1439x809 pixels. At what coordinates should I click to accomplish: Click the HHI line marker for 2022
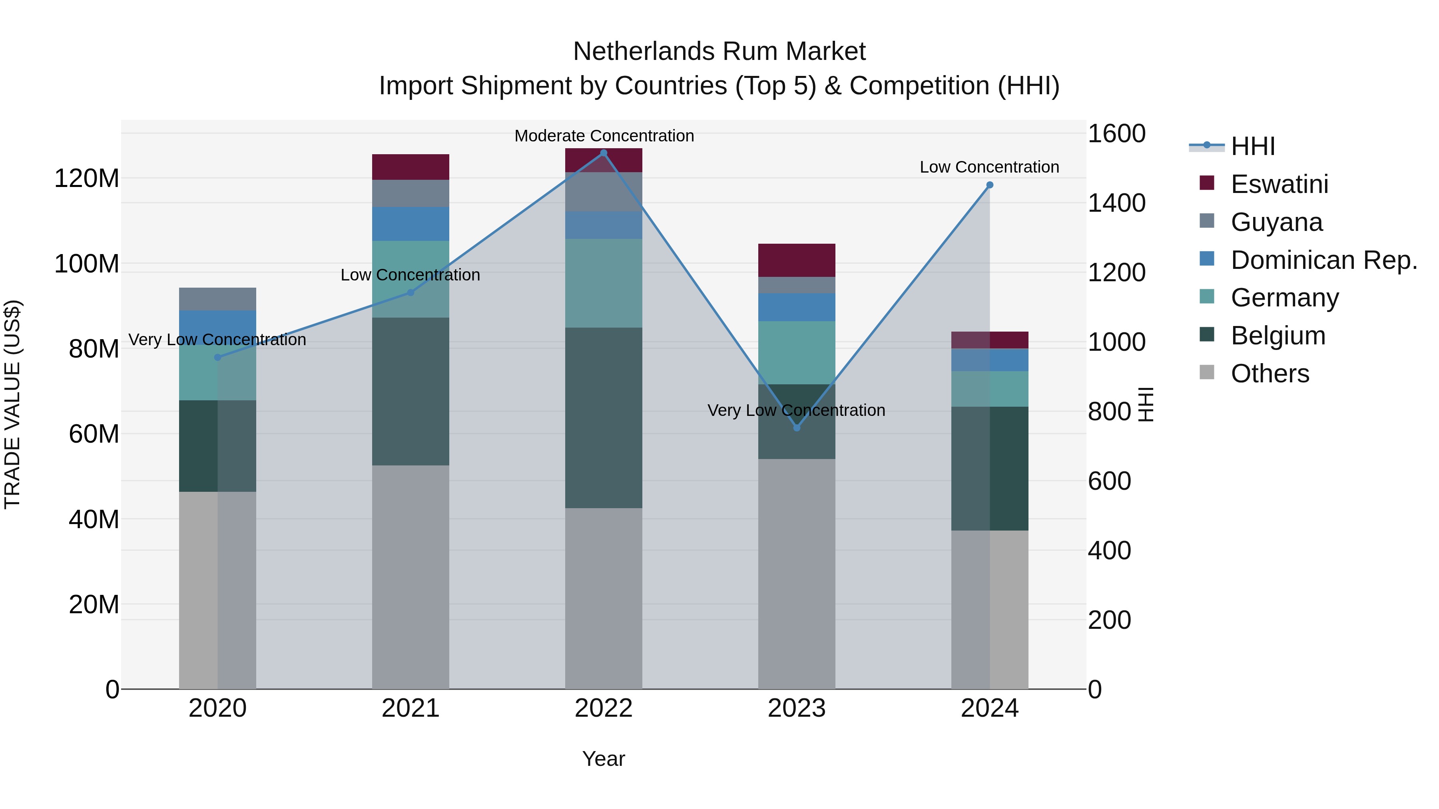tap(603, 153)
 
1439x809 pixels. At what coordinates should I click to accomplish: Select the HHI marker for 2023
tap(797, 427)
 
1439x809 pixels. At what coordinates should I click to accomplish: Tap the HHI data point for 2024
tap(989, 185)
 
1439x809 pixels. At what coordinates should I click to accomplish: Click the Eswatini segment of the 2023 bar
tap(797, 260)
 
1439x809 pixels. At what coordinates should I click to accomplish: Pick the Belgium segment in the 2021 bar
tap(411, 391)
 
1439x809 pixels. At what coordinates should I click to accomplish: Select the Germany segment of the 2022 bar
tap(603, 283)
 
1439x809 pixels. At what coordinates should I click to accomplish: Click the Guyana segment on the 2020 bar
tap(217, 299)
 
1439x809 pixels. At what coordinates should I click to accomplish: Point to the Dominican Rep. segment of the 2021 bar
tap(411, 224)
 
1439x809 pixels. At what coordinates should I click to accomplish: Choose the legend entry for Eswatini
tap(1279, 184)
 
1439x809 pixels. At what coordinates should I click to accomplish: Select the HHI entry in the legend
tap(1252, 146)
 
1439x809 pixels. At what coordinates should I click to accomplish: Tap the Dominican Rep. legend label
tap(1323, 260)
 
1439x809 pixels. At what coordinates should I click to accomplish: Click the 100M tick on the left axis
tap(87, 264)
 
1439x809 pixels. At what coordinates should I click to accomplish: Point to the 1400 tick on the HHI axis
tap(1116, 203)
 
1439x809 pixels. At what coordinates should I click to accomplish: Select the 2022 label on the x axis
tap(603, 708)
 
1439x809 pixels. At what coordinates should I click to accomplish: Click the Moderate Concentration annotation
tap(604, 136)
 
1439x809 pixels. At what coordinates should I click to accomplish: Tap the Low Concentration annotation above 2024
tap(989, 167)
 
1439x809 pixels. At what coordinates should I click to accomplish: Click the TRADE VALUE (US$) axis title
tap(12, 404)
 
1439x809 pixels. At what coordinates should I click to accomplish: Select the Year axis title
tap(603, 759)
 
